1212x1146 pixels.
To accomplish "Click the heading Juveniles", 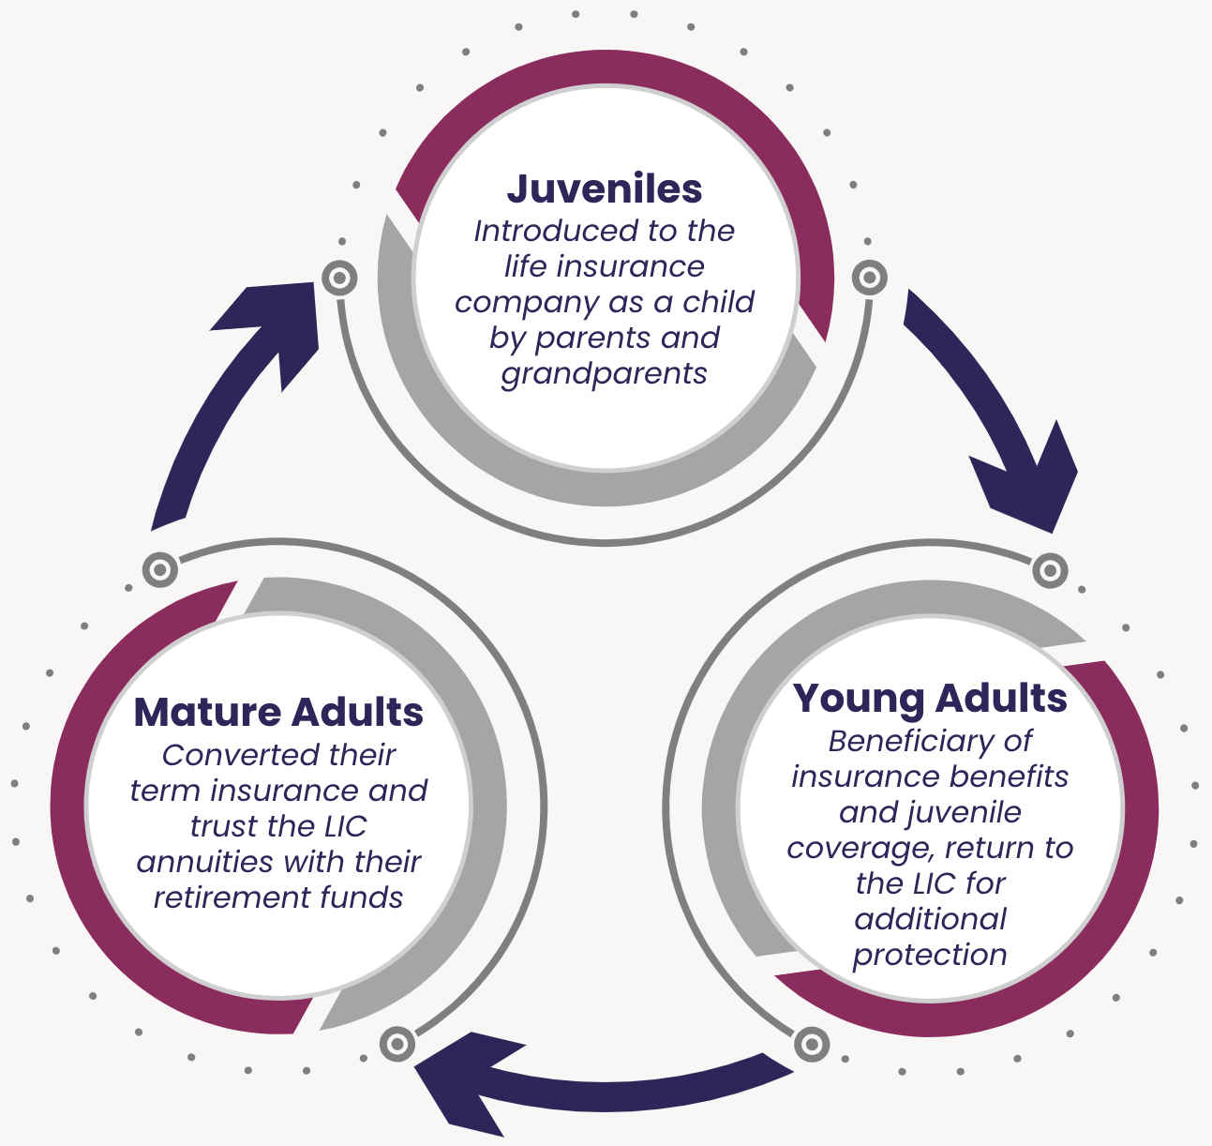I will point(605,188).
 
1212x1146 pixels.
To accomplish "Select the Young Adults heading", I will point(930,699).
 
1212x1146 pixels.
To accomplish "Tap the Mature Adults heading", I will point(278,713).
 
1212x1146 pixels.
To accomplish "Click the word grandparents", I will point(605,374).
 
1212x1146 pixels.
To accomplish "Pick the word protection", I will point(930,956).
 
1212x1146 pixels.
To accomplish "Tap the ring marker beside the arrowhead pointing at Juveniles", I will point(339,279).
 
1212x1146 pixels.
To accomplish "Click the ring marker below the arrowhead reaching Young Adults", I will point(1050,569).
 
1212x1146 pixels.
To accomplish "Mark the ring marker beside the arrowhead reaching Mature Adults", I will point(397,1044).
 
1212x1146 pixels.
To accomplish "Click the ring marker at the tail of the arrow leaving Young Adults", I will point(811,1044).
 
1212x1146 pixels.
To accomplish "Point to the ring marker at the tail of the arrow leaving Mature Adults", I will point(160,569).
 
